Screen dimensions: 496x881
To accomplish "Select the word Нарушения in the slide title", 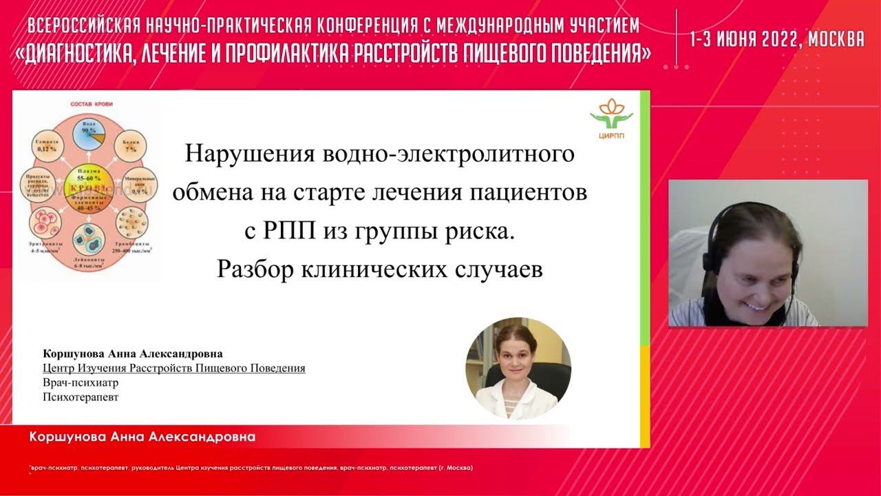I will pyautogui.click(x=233, y=152).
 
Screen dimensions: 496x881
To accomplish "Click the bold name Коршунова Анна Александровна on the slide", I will pyautogui.click(x=133, y=354).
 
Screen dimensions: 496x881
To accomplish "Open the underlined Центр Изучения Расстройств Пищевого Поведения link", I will pyautogui.click(x=173, y=368).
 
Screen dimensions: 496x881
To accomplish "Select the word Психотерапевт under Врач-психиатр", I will pyautogui.click(x=75, y=397).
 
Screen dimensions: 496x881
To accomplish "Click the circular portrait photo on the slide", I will pyautogui.click(x=518, y=369).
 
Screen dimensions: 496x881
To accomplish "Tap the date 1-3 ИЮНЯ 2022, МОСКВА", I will pyautogui.click(x=776, y=39).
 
